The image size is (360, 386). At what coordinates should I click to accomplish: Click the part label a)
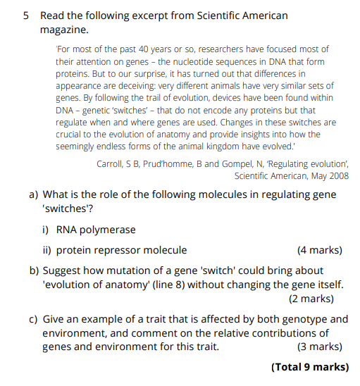point(34,194)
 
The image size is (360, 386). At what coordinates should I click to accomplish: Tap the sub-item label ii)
point(47,250)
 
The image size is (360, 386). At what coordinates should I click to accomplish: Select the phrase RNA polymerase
point(96,230)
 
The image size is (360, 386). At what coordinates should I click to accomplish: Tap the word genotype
point(305,319)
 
